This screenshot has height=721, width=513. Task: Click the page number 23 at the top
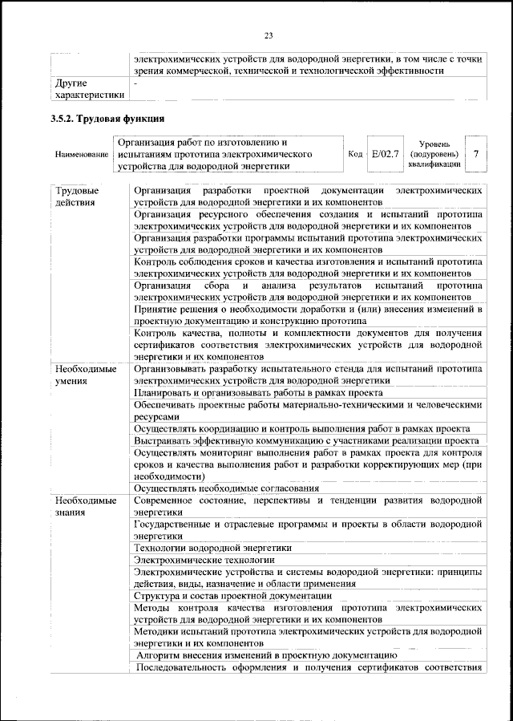coord(269,34)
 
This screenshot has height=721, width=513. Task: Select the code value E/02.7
coord(385,153)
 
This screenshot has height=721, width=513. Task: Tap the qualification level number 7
coord(478,153)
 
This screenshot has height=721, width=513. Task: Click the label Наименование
coord(81,154)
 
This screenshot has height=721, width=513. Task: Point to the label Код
coord(355,154)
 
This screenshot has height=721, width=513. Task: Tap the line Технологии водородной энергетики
coord(212,548)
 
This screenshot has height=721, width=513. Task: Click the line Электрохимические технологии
coord(204,560)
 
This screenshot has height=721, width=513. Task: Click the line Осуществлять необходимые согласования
coord(227,488)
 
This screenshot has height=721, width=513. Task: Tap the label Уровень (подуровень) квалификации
coord(433,153)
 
